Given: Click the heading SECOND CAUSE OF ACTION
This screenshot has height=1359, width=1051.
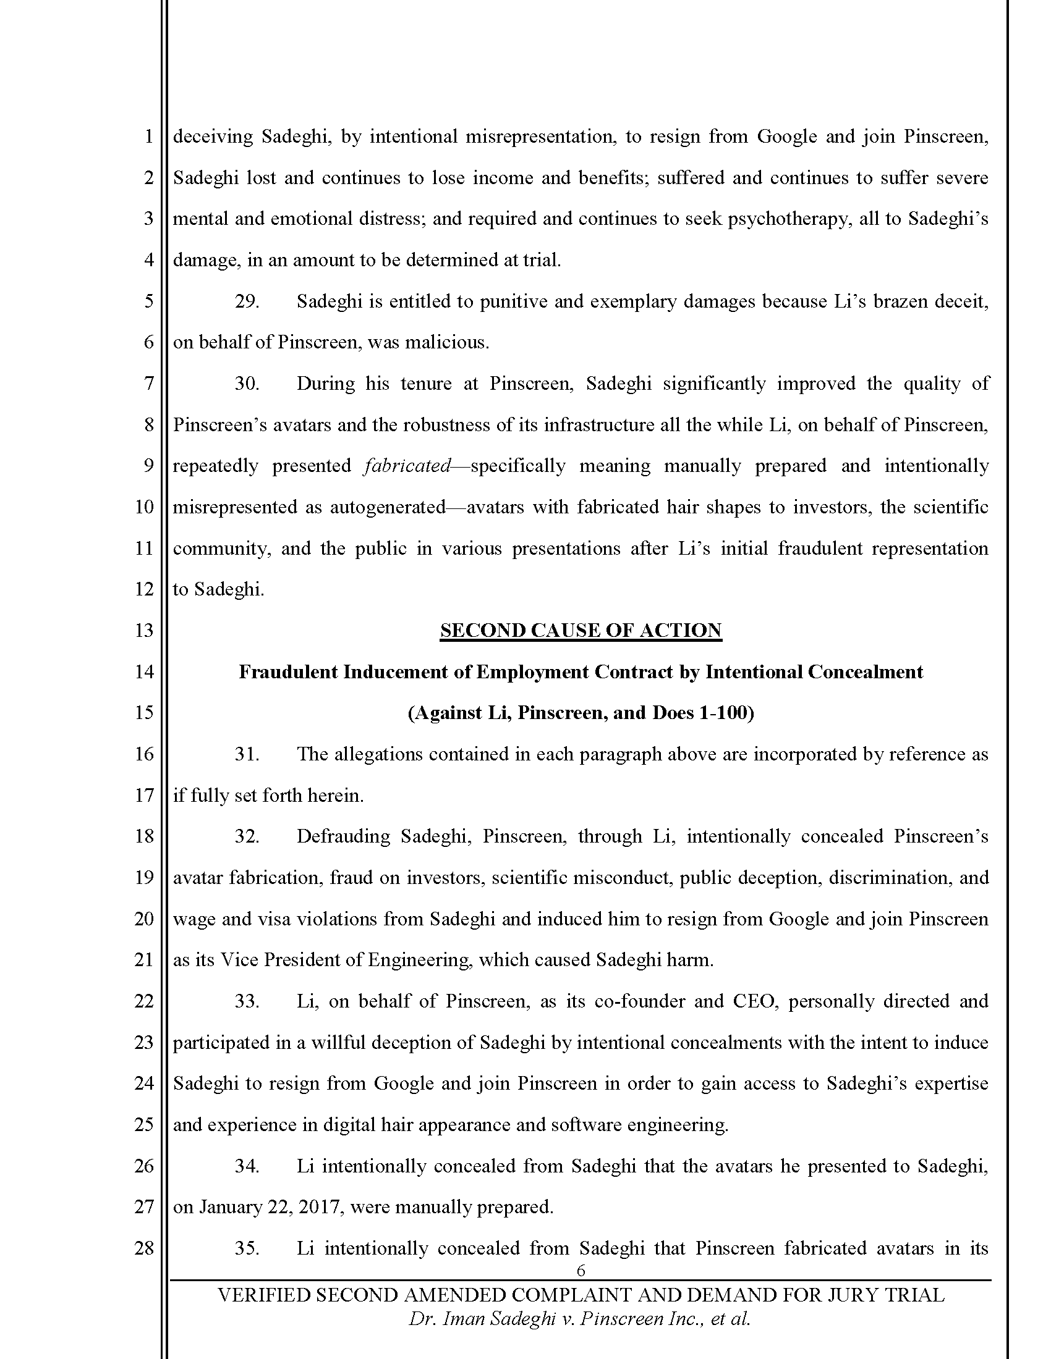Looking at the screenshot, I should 581,630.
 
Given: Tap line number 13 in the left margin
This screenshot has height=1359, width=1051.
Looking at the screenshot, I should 144,630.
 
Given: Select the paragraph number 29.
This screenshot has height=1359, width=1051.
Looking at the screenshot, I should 247,301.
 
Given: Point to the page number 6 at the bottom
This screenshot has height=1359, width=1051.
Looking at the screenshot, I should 581,1271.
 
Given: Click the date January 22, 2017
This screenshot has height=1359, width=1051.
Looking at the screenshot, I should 270,1207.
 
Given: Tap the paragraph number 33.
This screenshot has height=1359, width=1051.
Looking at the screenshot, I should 247,1001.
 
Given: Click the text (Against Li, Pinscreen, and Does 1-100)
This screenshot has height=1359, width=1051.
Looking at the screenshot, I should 581,712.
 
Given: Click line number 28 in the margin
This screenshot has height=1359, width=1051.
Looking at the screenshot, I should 144,1248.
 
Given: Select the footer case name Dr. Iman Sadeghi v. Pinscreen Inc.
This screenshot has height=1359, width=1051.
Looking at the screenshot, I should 579,1319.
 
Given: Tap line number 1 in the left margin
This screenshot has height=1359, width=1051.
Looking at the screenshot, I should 148,137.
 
